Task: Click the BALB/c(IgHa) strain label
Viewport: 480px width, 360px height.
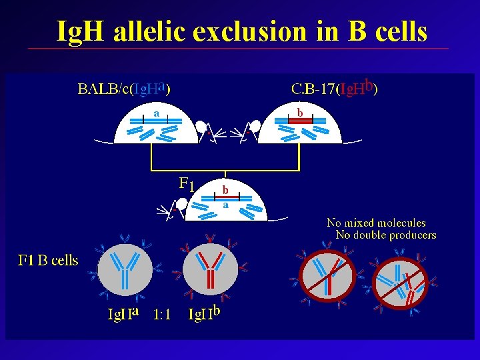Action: (x=123, y=89)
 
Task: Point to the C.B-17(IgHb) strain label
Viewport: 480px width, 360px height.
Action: (x=335, y=88)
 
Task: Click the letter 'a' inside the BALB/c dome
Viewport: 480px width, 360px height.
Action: (x=156, y=113)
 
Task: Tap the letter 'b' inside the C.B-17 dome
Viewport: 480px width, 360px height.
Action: (x=300, y=113)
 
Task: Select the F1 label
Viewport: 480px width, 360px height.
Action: (x=187, y=183)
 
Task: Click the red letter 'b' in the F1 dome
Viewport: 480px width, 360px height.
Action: (x=225, y=189)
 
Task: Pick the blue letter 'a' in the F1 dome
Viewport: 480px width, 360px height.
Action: (x=225, y=205)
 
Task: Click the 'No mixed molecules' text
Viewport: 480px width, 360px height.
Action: (x=376, y=223)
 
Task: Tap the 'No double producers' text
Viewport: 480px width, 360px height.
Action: (x=386, y=235)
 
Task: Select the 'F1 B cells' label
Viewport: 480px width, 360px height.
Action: (x=47, y=261)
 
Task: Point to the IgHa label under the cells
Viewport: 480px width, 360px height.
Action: (x=124, y=313)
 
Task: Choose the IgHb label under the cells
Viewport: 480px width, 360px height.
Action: (x=205, y=313)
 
